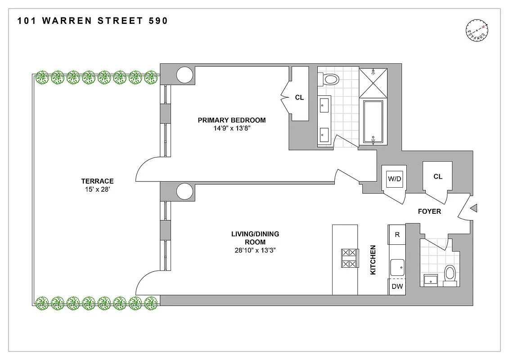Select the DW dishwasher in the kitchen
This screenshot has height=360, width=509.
[397, 286]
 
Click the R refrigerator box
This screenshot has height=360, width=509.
[397, 235]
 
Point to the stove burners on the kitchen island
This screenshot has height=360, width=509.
[350, 258]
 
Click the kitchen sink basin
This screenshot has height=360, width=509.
[396, 267]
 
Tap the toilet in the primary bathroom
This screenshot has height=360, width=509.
[331, 80]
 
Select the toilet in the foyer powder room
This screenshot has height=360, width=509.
[450, 274]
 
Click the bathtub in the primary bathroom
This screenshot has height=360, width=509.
[373, 122]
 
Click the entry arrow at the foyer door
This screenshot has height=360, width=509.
[473, 208]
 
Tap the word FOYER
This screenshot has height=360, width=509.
[429, 211]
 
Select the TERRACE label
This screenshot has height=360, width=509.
[97, 181]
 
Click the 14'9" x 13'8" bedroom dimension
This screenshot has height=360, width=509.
[232, 129]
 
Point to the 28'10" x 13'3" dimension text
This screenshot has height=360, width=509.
[255, 251]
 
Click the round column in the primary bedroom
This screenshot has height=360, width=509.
[185, 75]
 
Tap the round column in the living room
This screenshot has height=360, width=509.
[185, 191]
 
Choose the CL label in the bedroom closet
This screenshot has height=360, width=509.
[299, 97]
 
